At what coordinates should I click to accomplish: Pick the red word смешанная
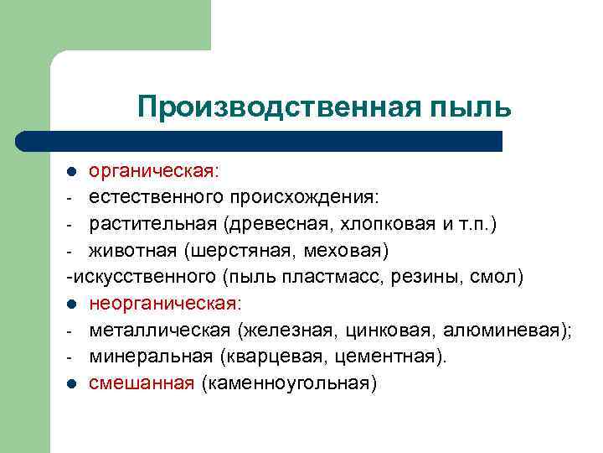142,383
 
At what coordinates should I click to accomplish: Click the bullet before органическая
73,172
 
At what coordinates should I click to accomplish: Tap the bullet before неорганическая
73,303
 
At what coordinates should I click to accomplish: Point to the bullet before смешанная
73,383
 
